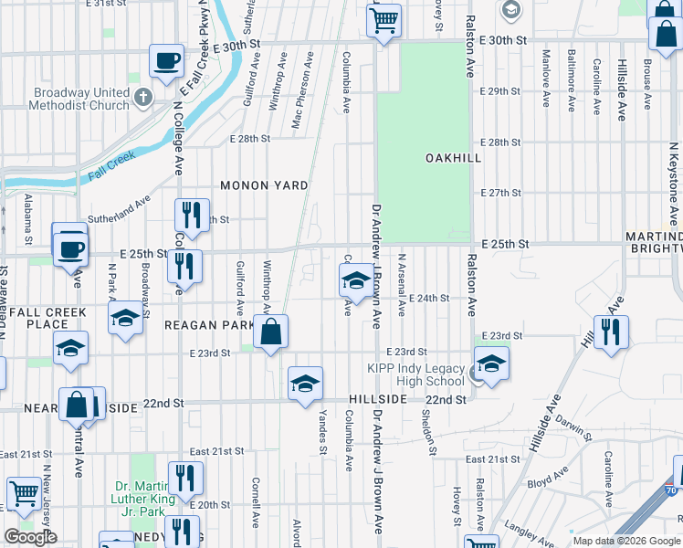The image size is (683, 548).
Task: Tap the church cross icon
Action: click(142, 96)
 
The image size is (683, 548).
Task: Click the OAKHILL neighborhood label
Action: click(453, 158)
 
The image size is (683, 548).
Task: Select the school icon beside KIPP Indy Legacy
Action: click(491, 364)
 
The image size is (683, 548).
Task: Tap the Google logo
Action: click(30, 536)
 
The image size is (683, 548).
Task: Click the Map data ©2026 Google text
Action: click(627, 541)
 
